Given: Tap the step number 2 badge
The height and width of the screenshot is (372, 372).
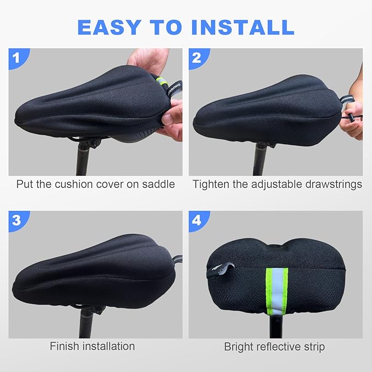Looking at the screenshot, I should pos(197,57).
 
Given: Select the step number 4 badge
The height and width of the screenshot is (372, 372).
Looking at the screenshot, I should pos(197,220).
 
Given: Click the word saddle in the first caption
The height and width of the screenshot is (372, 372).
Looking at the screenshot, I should pos(157,184).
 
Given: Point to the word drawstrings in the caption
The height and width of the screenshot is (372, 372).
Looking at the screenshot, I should pos(331,184).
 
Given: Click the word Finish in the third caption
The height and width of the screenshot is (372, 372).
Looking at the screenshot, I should pos(65,346).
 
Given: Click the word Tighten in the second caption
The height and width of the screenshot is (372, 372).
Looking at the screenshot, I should pos(211,184).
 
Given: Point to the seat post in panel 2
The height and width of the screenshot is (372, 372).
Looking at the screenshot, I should pos(259,159).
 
